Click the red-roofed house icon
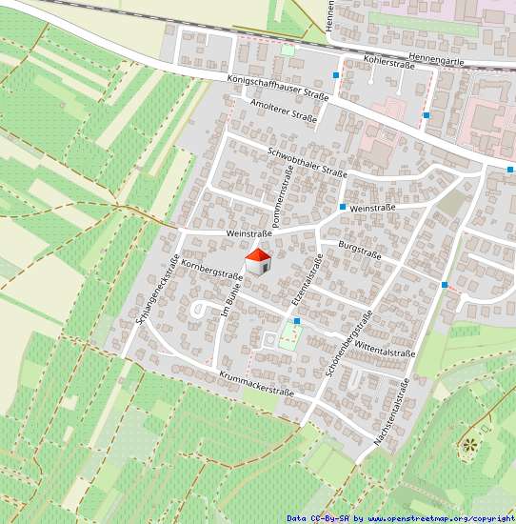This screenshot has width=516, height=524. pos(258,260)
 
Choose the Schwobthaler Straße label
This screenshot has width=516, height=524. pos(308,161)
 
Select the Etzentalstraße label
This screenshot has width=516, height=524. pos(305,284)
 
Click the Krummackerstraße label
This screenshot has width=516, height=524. pos(255,383)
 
